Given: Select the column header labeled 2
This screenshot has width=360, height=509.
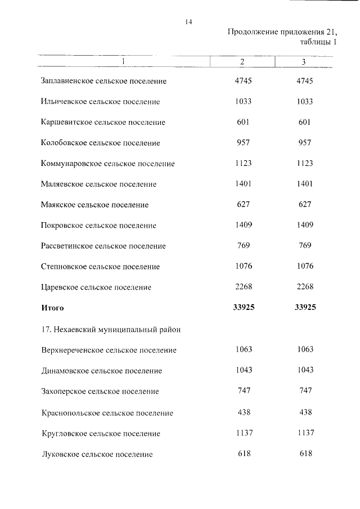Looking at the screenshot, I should [242, 61].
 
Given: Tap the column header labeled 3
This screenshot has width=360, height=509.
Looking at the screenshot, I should [304, 61].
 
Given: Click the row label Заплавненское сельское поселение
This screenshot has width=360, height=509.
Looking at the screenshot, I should [103, 81].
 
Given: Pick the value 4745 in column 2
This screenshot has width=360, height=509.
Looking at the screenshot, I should [244, 80].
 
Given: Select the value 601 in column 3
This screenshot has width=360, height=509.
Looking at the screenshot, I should [304, 122].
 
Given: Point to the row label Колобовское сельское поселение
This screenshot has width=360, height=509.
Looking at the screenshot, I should [100, 143].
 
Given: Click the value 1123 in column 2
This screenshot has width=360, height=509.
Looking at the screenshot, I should [243, 163].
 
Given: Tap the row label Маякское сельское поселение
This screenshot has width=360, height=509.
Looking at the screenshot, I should [94, 205].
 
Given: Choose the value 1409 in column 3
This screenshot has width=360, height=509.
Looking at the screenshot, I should [304, 225].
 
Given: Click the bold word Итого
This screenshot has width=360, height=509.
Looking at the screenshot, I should [52, 308].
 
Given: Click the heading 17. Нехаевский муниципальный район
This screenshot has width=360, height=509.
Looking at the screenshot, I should [111, 329].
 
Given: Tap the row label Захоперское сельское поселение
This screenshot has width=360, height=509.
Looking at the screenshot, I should [100, 391].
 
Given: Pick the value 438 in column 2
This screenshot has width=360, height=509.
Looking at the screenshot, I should [244, 412].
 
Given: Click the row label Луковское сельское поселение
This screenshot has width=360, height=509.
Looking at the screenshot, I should [97, 453].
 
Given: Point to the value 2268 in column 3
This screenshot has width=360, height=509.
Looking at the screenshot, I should [304, 287].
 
